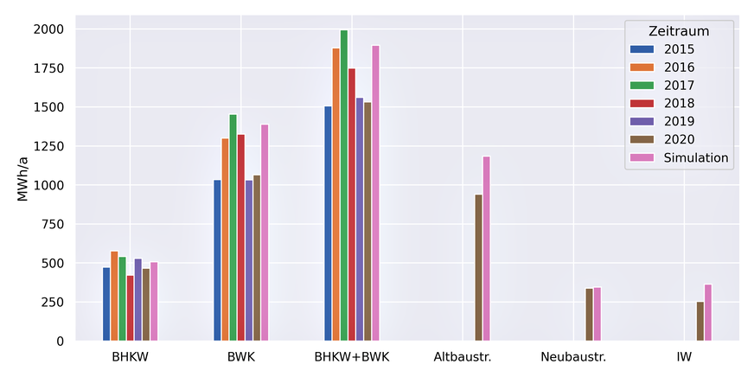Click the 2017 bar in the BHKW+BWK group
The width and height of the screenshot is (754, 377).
(x=344, y=186)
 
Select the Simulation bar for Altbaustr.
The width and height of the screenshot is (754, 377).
(x=487, y=249)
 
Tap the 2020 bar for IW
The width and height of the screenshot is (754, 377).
(x=700, y=321)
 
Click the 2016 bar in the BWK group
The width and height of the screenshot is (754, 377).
(x=226, y=240)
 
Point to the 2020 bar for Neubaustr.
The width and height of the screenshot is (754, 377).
(x=590, y=315)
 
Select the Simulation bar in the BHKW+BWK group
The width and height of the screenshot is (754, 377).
(x=375, y=194)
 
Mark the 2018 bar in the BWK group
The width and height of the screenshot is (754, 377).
(x=241, y=238)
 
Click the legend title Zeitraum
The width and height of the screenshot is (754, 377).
(x=679, y=31)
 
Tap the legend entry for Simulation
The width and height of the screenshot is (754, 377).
(x=696, y=158)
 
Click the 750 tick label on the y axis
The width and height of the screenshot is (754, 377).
(x=52, y=225)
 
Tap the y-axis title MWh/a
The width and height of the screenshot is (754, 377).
(x=22, y=185)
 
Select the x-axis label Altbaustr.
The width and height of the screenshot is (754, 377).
(x=463, y=356)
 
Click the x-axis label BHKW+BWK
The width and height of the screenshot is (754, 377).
(x=352, y=356)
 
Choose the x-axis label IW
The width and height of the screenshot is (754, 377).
(x=684, y=356)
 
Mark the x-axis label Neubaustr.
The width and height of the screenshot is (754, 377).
(x=573, y=356)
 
